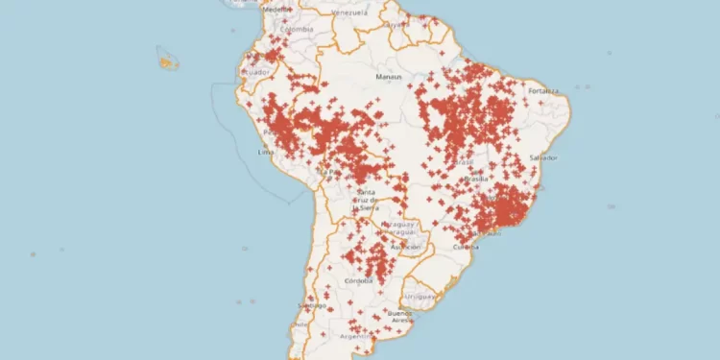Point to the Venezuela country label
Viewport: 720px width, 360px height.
[x=348, y=13]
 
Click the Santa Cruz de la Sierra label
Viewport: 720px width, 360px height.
[x=366, y=199]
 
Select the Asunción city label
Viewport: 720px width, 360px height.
[x=405, y=246]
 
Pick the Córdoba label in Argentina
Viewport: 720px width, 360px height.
[x=358, y=280]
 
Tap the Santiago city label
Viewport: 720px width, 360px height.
[x=311, y=305]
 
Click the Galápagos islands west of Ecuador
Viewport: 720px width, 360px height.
[x=168, y=62]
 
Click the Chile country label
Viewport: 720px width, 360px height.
[x=299, y=324]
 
